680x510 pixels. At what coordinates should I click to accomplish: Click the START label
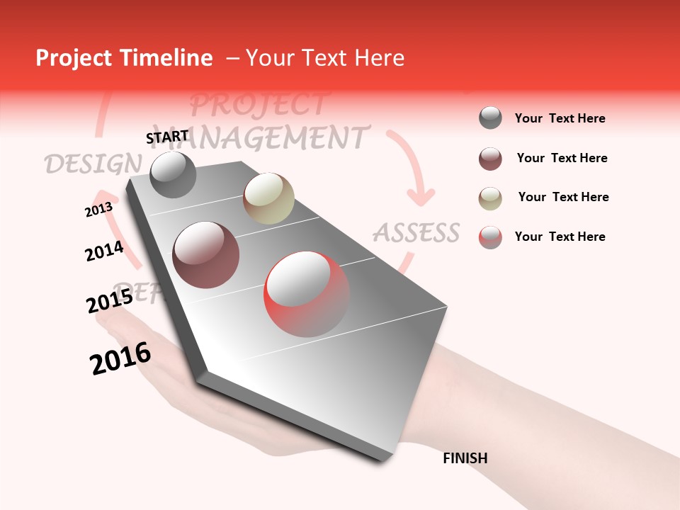[167, 137]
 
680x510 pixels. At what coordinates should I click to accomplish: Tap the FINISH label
[465, 458]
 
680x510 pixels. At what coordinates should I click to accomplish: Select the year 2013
[98, 210]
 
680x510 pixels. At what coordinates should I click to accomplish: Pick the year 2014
[104, 251]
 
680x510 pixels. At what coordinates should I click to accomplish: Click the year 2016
[120, 358]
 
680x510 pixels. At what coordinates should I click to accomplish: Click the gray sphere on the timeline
[173, 174]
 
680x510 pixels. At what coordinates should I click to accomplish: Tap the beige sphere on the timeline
[268, 198]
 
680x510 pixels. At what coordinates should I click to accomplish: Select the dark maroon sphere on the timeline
[206, 255]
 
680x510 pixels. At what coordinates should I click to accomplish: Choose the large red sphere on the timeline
[307, 294]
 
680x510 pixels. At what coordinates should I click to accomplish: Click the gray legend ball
[490, 118]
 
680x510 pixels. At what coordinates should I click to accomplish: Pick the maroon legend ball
[490, 159]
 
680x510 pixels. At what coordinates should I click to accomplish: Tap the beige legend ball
[490, 198]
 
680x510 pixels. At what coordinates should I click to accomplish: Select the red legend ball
[490, 237]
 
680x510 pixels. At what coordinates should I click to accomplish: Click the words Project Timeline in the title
[124, 58]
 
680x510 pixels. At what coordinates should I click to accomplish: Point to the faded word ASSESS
[416, 232]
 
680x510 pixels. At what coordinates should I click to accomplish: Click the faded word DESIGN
[92, 164]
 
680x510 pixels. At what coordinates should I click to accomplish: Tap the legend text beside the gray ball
[560, 118]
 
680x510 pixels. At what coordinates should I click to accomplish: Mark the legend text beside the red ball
[560, 237]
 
